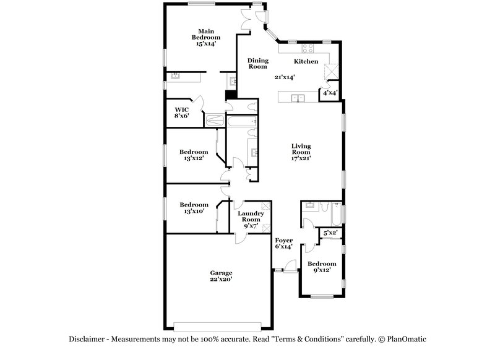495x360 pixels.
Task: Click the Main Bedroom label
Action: coord(206,34)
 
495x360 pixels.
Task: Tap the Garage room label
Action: coord(221,273)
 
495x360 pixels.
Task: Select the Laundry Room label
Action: coord(250,216)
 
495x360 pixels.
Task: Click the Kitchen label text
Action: coord(306,62)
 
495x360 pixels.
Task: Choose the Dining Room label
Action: coord(257,63)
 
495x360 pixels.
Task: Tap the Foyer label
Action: coord(283,240)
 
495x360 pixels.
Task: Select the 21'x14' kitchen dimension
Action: coord(284,78)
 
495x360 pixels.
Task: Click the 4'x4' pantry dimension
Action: coord(329,93)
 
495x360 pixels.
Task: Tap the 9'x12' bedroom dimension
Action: coord(322,270)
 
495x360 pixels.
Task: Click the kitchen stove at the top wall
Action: coord(308,49)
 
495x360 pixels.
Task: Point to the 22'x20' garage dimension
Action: coord(221,280)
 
